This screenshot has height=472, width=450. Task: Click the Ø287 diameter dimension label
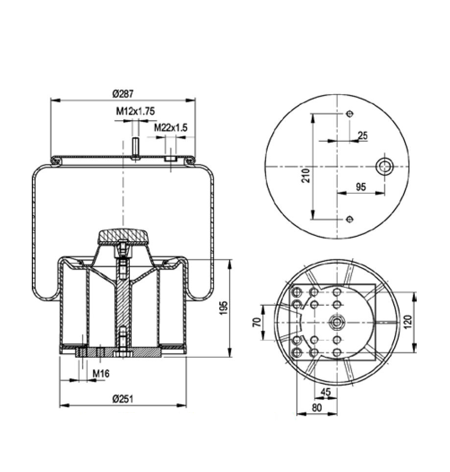click(x=123, y=93)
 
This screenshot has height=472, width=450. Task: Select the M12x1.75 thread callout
click(x=135, y=112)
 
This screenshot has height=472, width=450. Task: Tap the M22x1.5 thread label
click(x=171, y=127)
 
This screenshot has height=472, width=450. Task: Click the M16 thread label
click(x=101, y=374)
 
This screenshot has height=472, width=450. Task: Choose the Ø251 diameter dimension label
click(x=122, y=399)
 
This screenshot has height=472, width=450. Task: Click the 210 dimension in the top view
click(x=306, y=175)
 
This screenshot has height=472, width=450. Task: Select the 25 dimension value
click(x=362, y=136)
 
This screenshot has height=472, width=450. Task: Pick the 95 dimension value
click(x=361, y=187)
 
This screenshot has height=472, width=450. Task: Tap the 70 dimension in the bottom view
click(x=256, y=322)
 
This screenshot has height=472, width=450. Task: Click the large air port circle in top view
click(x=384, y=167)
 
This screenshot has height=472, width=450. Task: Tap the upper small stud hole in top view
click(x=349, y=114)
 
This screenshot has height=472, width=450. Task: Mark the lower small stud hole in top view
click(x=349, y=219)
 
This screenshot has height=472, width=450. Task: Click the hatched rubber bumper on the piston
click(x=123, y=237)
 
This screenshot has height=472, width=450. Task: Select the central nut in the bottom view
click(x=336, y=322)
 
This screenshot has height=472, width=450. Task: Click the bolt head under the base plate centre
click(x=122, y=354)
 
